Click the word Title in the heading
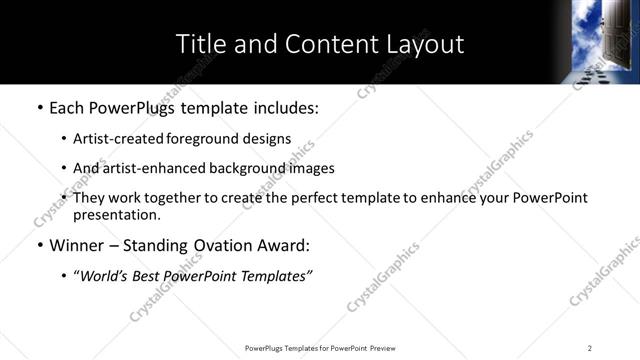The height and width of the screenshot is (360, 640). [201, 44]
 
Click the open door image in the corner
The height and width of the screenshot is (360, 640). [605, 41]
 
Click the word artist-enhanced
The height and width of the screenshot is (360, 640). [144, 168]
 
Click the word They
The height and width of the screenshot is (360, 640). [89, 198]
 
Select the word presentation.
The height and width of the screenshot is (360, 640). [117, 215]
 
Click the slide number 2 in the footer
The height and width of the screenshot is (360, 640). [590, 348]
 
